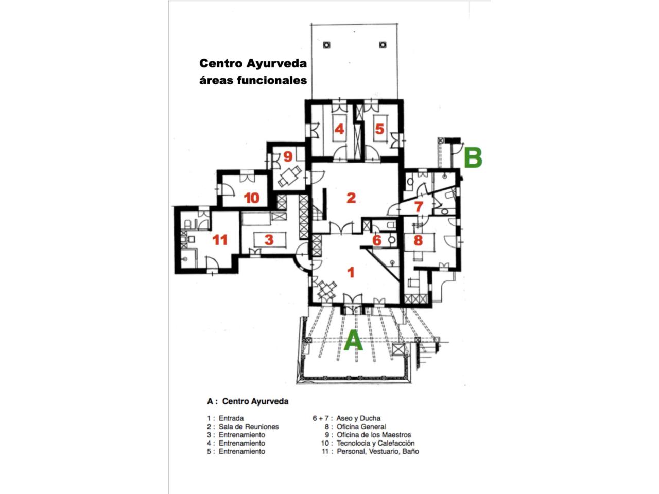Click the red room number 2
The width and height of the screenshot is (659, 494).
[x=351, y=198]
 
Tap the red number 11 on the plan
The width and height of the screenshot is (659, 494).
[x=220, y=240]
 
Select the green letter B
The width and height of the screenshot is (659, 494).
[x=473, y=157]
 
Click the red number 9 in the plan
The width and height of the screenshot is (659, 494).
[x=288, y=156]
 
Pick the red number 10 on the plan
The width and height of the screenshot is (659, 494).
[x=252, y=198]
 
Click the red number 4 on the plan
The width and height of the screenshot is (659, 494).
[x=339, y=129]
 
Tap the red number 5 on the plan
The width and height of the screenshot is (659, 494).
[x=379, y=129]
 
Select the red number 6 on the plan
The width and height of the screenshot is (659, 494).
[x=377, y=240]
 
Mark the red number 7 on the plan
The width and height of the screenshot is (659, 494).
[x=419, y=206]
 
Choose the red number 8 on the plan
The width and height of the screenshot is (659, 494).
[x=418, y=240]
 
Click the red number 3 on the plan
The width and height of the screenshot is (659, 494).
[x=269, y=240]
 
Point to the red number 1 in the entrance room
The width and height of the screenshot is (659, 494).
[x=351, y=272]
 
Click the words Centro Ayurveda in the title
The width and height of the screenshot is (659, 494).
[x=253, y=64]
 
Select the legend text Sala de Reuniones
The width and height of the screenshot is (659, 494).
[x=249, y=427]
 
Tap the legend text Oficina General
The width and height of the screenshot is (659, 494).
[x=361, y=427]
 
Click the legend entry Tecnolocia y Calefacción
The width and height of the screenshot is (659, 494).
[x=376, y=443]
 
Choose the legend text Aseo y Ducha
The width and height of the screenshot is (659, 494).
[x=358, y=418]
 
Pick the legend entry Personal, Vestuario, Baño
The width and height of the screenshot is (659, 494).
[x=378, y=451]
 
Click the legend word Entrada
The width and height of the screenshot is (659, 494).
[x=231, y=418]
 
